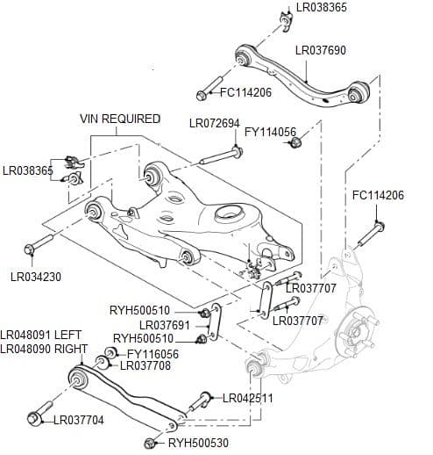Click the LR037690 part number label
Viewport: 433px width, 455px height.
pyautogui.click(x=321, y=51)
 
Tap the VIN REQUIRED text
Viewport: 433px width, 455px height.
pyautogui.click(x=120, y=119)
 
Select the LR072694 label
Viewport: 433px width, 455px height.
pyautogui.click(x=215, y=123)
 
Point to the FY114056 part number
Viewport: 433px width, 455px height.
pyautogui.click(x=271, y=133)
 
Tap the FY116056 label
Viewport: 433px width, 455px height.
pyautogui.click(x=153, y=354)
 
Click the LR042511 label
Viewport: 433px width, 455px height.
pyautogui.click(x=248, y=398)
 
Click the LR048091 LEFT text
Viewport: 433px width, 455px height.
pyautogui.click(x=39, y=335)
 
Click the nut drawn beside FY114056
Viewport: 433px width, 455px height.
pyautogui.click(x=295, y=143)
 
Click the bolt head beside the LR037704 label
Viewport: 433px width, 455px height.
pyautogui.click(x=37, y=416)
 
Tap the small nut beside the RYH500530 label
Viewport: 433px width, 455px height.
pyautogui.click(x=153, y=443)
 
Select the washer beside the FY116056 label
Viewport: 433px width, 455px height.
pyautogui.click(x=111, y=354)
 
